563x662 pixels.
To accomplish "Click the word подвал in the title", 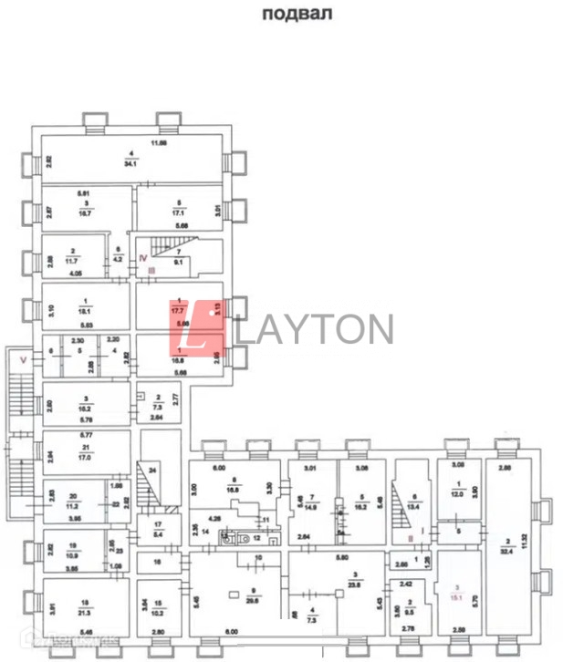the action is pos(296,14).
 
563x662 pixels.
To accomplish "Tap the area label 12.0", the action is pos(459,495).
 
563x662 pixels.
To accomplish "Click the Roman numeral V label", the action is pos(23,360).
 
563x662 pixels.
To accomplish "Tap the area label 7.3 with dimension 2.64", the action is pos(157,408).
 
